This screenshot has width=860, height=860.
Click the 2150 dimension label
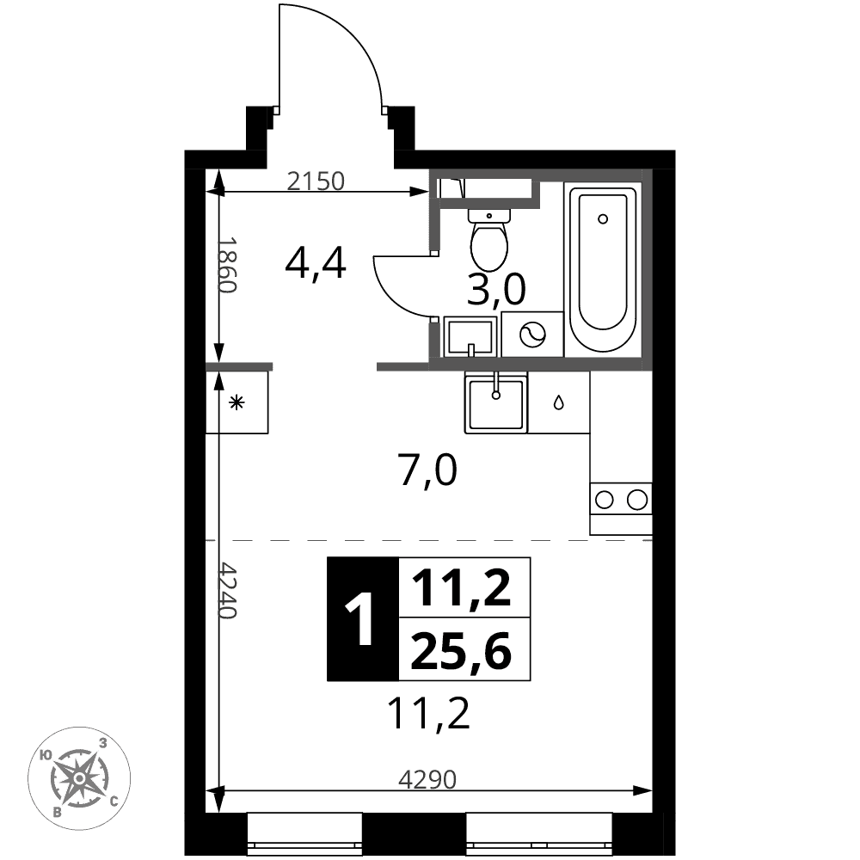(316, 181)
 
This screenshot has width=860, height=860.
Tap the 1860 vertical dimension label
(226, 265)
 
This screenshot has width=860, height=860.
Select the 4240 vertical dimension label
(226, 589)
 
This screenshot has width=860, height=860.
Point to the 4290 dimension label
(427, 779)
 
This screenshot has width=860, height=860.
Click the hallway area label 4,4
(316, 263)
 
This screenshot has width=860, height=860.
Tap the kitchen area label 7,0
(428, 470)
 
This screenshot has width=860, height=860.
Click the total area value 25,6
(461, 651)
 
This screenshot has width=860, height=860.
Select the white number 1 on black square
(361, 618)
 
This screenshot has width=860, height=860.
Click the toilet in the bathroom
(489, 239)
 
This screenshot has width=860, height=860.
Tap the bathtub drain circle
(603, 218)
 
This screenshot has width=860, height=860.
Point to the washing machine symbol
(532, 334)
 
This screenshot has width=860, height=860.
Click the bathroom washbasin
(470, 336)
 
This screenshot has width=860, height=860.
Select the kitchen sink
(496, 402)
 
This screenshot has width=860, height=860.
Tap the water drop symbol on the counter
(558, 403)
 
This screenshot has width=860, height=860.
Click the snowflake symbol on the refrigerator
(236, 403)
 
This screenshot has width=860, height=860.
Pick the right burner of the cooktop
(637, 500)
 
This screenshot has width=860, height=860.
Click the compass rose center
(79, 777)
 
